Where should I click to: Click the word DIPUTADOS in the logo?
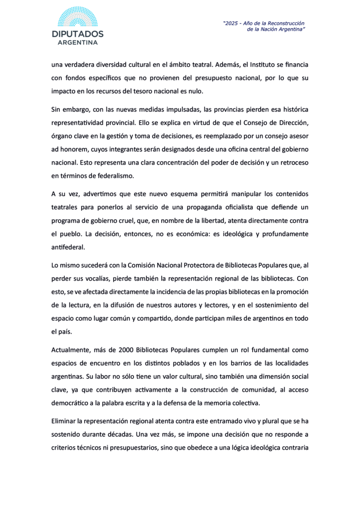[78, 34]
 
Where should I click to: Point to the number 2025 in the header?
[233, 23]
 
